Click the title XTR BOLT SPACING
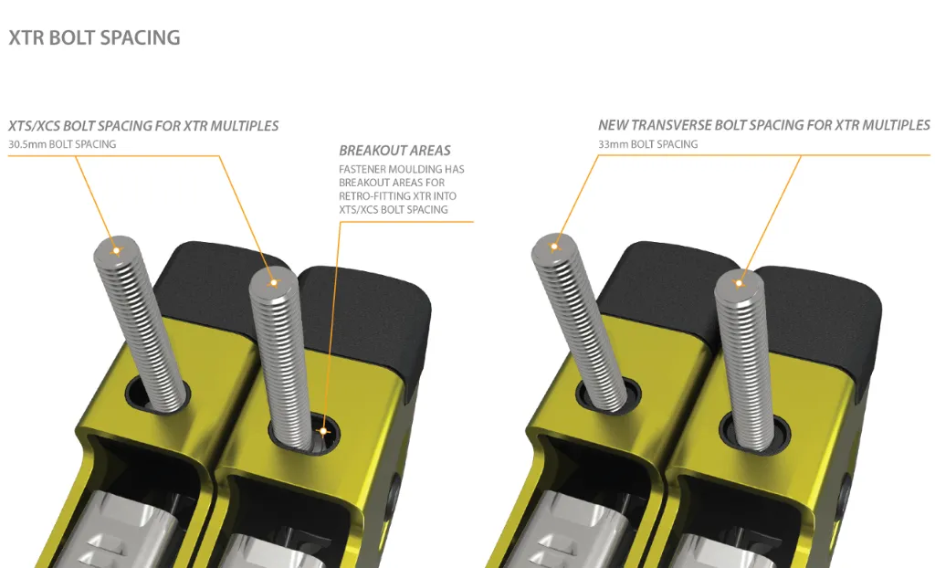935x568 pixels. [x=94, y=37]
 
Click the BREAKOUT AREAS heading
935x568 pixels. [x=394, y=151]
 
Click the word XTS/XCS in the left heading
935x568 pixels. [x=34, y=126]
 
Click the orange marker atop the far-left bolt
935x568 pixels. [x=116, y=250]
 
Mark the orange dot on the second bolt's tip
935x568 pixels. [x=273, y=283]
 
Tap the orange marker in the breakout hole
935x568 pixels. [x=323, y=431]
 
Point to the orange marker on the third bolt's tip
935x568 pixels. [x=554, y=247]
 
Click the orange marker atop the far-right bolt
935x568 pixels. [x=740, y=283]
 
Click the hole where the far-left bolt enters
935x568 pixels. [x=157, y=395]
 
